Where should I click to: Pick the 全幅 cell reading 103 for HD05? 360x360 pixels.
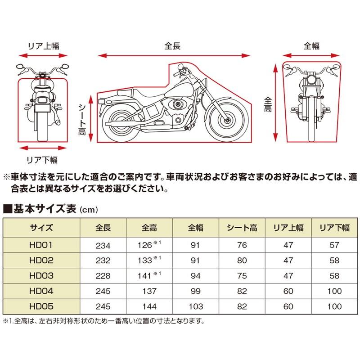[196, 307]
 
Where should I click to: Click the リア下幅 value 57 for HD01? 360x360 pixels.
[333, 245]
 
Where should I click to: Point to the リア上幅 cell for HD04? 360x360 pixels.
[288, 292]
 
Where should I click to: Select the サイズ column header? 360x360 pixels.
[42, 228]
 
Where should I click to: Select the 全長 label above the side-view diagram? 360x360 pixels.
[173, 45]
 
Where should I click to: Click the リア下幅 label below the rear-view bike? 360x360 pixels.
[43, 159]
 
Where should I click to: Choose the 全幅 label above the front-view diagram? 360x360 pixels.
[311, 45]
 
